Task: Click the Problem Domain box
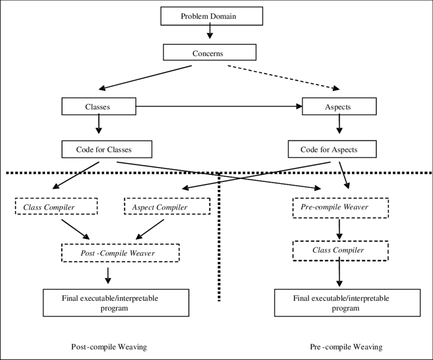pos(211,16)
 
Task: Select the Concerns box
pos(209,53)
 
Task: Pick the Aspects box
pos(339,107)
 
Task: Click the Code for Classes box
pos(106,149)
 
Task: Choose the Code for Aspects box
pos(332,149)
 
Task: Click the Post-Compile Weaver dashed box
pos(120,253)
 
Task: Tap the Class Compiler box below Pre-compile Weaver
pos(340,250)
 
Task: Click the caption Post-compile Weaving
pos(109,347)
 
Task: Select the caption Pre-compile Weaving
pos(346,347)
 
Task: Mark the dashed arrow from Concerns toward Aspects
pos(283,78)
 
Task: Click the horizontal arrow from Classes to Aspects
pos(219,107)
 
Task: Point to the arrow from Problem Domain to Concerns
pos(210,32)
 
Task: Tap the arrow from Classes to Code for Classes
pos(99,124)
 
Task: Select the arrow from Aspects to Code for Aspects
pos(339,124)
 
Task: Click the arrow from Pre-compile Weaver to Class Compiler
pos(339,229)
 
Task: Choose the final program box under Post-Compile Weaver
pos(116,303)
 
